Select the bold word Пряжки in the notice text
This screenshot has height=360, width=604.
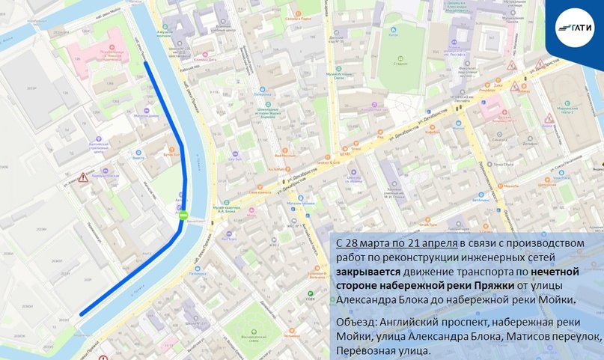tap(552, 286)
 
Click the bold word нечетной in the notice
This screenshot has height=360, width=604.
tap(562, 272)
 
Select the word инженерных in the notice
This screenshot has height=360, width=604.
tap(488, 258)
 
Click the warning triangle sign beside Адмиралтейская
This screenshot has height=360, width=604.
tap(83, 177)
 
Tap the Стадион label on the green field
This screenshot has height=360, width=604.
tap(400, 64)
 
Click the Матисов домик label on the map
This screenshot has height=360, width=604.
tap(147, 116)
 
